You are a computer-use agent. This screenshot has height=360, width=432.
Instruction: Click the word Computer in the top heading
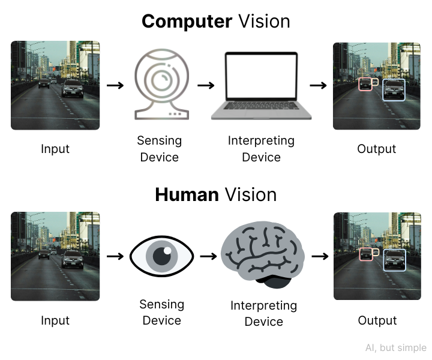187,22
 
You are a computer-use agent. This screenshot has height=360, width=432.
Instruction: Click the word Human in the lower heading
186,194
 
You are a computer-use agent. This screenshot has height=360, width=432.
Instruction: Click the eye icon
161,256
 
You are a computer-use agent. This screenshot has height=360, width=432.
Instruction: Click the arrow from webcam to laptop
206,85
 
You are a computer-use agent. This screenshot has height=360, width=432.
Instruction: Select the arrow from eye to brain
208,256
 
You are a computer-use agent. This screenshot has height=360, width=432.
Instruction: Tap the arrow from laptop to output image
318,85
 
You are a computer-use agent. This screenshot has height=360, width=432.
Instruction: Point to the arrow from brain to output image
320,256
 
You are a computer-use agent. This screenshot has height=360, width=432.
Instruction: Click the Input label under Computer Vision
55,149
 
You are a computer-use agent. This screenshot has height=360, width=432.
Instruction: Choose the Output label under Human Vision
377,320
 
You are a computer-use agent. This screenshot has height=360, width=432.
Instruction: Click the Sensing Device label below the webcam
159,149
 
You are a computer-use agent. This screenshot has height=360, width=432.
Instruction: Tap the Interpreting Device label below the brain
263,313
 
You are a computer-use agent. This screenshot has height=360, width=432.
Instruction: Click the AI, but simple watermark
395,348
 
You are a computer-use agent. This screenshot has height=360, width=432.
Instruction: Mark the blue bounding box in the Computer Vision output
394,89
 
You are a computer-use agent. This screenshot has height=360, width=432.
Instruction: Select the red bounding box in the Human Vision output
365,254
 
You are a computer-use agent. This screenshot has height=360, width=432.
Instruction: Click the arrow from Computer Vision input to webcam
115,85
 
